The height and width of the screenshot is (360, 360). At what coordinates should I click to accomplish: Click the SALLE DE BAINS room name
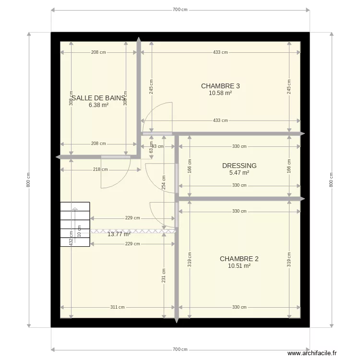(98, 97)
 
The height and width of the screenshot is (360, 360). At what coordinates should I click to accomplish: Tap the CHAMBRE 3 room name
(220, 86)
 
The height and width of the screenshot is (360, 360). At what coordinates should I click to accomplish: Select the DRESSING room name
(239, 166)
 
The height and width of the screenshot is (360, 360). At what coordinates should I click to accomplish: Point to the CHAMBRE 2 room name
(239, 259)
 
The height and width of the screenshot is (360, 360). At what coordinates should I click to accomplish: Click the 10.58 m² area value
(220, 94)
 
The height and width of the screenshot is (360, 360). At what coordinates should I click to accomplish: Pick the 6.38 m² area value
(98, 105)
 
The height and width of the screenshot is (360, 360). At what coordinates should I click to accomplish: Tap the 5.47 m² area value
(239, 173)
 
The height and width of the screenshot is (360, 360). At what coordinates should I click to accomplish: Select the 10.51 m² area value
(239, 265)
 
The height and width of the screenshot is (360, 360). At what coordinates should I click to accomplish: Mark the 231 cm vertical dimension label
(164, 278)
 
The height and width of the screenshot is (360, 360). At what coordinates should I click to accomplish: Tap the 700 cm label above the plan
(180, 10)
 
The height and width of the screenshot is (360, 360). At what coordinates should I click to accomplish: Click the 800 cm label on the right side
(331, 180)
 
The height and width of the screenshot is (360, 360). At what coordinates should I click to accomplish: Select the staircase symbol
(75, 224)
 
